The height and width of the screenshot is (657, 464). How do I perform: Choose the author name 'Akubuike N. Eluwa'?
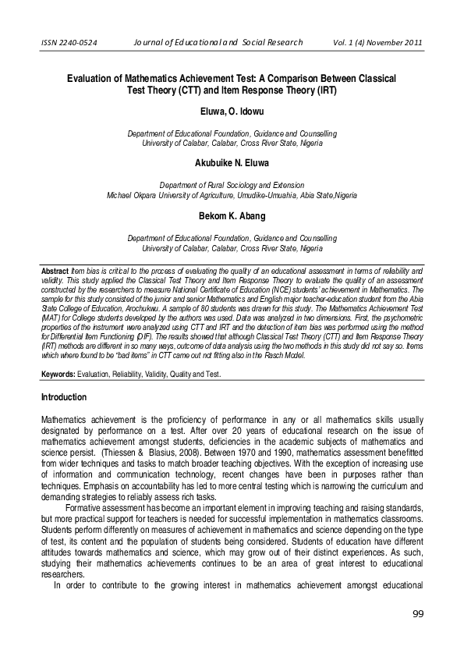point(232,163)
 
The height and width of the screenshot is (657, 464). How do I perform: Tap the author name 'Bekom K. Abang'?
point(232,214)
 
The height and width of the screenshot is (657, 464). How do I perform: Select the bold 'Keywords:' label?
point(58,375)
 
